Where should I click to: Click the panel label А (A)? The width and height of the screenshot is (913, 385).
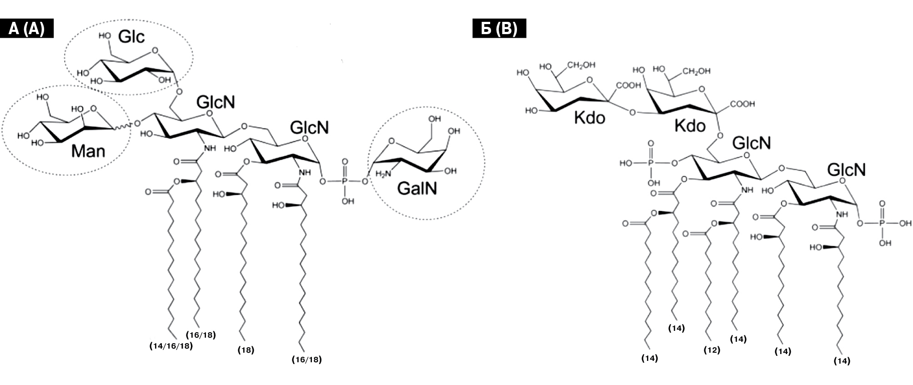coord(27,29)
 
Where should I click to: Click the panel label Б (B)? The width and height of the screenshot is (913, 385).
coord(499,29)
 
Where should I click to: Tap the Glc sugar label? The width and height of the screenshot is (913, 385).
coord(131,36)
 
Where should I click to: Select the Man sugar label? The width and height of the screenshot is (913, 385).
coord(88,151)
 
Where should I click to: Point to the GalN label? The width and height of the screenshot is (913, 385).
coord(416,188)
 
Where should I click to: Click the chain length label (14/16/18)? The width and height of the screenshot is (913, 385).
coord(171,346)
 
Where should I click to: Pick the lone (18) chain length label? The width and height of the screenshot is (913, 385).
coord(246,350)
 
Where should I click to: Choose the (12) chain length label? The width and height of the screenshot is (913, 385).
coord(712,350)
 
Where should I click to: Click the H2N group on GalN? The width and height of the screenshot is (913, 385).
coord(383,173)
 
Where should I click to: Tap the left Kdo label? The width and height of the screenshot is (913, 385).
coord(589,118)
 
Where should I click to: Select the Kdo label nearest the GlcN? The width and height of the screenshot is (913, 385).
coord(690,126)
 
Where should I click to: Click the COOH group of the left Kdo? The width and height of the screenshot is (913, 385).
coord(628,86)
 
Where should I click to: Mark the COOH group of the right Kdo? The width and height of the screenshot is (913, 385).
coord(742,104)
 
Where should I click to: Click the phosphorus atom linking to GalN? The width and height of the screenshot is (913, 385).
coord(345,182)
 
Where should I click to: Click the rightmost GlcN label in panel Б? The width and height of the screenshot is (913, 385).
coord(846,170)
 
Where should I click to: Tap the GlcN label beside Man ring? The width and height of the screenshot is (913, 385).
coord(216,102)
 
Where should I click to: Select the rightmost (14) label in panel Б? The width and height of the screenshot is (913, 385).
coord(842,361)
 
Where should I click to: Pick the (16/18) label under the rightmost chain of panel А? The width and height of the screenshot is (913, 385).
coord(306,360)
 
